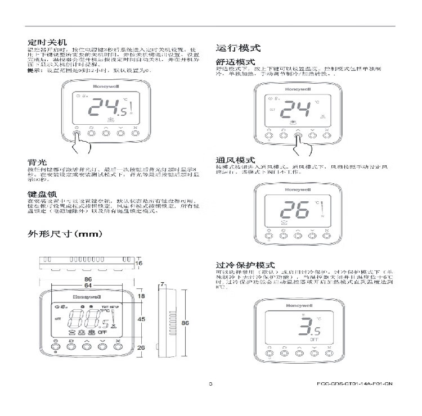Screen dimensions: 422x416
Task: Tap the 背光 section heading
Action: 37,161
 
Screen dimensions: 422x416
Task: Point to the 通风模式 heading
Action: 235,160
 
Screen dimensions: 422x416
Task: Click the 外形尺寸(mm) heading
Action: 65,233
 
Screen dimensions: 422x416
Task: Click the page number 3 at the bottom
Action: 210,384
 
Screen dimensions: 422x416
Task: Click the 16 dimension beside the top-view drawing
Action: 139,263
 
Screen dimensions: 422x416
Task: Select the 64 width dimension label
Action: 88,286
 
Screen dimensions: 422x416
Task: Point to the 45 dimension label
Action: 141,319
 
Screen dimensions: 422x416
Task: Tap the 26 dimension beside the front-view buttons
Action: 141,347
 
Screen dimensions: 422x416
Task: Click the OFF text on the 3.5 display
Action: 313,340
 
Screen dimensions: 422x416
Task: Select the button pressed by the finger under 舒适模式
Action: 298,135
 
